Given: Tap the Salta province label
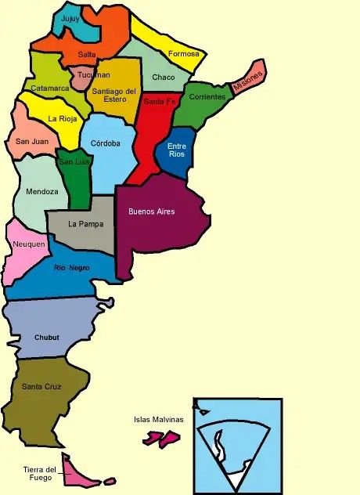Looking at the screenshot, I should [87, 53].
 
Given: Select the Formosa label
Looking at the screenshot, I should [183, 54].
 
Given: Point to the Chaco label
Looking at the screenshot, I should [164, 77].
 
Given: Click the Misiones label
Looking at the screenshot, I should [249, 79].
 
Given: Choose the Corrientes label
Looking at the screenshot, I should [207, 97].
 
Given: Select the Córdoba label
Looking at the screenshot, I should [106, 143].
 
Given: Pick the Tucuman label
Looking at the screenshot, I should [94, 75].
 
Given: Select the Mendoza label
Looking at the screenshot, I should [41, 191].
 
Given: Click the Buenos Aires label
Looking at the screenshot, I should [152, 211].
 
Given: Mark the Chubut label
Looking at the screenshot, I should [47, 338].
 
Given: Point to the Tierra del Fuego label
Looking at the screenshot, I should [40, 474].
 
